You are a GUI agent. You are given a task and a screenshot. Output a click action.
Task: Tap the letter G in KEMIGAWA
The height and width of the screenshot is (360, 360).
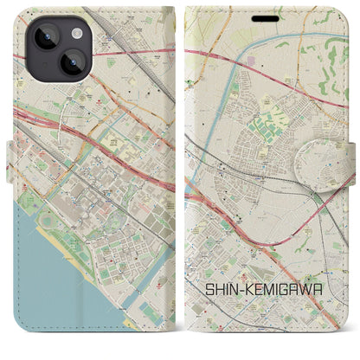[x=308, y=260]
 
